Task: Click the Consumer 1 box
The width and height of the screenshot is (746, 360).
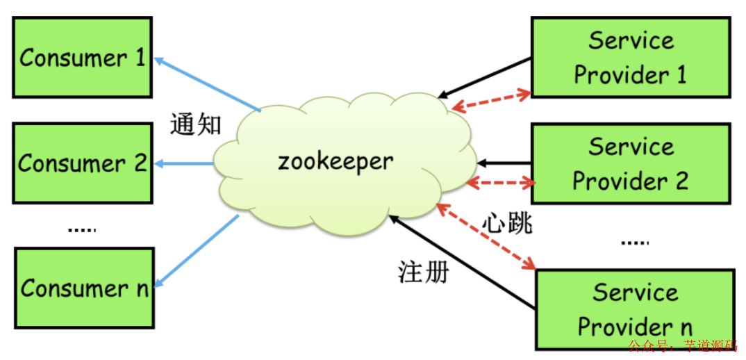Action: point(83,58)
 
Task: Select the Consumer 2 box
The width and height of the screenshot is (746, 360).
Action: point(83,163)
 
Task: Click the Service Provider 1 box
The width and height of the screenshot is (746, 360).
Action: point(630,57)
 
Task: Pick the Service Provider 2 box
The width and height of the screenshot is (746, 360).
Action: point(630,164)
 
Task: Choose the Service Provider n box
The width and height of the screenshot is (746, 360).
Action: point(635,309)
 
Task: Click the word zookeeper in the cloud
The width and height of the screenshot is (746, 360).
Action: point(335,163)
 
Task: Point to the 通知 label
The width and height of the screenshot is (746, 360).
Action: point(196,125)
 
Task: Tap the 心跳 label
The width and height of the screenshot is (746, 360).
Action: point(507,223)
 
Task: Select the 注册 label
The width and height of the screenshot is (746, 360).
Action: point(424,272)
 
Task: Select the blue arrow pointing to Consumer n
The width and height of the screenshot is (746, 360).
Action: point(197,250)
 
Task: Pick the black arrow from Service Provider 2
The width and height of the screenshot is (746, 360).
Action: point(505,163)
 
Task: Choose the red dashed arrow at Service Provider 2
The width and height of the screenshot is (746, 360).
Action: point(501,183)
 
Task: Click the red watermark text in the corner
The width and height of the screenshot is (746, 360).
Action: point(685,345)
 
